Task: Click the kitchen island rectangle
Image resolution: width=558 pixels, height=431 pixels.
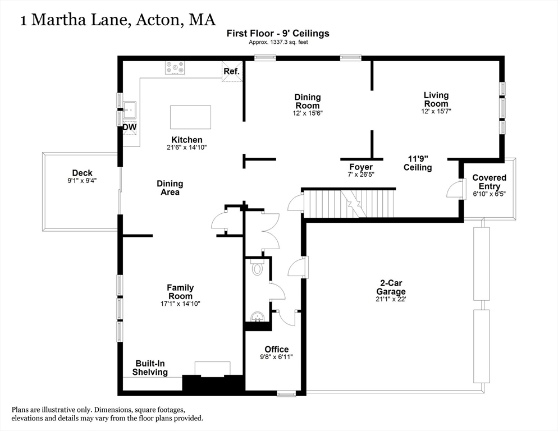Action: [190, 117]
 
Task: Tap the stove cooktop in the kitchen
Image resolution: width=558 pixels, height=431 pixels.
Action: [175, 68]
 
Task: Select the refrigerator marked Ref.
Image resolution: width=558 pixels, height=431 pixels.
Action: [232, 71]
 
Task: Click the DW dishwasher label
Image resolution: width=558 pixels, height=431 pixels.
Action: [130, 127]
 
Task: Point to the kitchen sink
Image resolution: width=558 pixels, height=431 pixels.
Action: [130, 109]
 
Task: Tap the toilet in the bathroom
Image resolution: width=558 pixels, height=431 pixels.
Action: [258, 268]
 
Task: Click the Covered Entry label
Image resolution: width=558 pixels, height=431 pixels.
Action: [489, 181]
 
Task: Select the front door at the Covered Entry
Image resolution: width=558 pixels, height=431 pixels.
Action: [454, 190]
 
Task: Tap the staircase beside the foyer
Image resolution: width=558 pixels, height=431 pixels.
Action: [348, 203]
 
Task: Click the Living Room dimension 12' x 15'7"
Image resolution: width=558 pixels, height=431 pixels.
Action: [436, 111]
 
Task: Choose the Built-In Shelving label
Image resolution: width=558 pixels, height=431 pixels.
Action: [150, 368]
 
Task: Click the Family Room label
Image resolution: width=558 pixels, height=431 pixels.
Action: [180, 292]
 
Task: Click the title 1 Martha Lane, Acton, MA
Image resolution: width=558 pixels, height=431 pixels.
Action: [117, 20]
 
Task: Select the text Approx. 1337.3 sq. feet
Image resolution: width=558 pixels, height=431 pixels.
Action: [278, 42]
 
